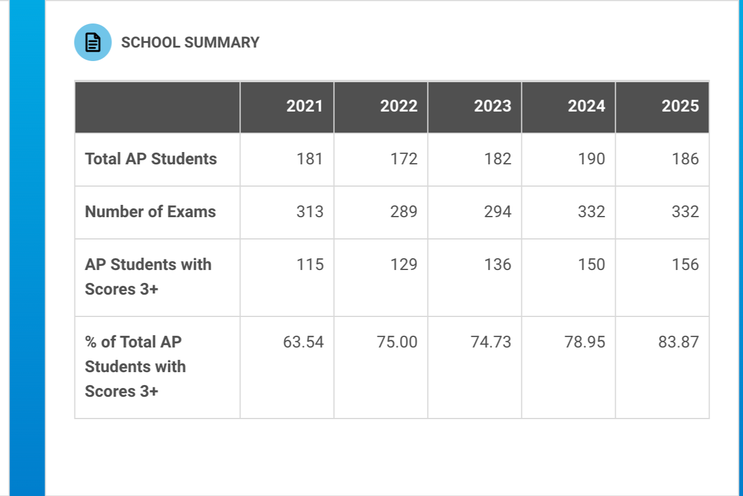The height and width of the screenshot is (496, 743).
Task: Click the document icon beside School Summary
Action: click(93, 42)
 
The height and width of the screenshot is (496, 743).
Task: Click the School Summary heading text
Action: click(190, 43)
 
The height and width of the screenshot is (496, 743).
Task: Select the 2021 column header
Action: click(304, 106)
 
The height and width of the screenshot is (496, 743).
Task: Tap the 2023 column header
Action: click(492, 106)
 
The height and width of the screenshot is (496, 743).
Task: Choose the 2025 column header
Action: click(680, 106)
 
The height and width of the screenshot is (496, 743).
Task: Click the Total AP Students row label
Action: click(151, 159)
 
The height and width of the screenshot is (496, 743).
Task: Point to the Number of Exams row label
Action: click(150, 212)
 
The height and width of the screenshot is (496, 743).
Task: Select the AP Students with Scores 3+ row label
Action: click(148, 276)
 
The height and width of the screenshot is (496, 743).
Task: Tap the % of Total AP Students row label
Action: click(135, 366)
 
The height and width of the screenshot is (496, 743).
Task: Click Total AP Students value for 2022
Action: click(403, 159)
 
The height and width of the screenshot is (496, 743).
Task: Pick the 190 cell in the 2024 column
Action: click(591, 159)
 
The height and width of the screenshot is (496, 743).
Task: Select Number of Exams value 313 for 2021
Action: click(310, 212)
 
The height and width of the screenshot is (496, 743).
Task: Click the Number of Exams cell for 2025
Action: click(685, 212)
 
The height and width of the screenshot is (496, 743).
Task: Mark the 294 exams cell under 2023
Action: click(497, 212)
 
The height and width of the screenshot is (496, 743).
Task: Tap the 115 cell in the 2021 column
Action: click(310, 265)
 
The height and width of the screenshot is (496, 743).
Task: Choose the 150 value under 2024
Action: click(591, 265)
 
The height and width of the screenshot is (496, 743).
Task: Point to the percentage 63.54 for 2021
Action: click(303, 342)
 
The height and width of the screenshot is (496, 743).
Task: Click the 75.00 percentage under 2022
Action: click(397, 342)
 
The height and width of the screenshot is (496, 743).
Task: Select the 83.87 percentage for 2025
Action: click(678, 342)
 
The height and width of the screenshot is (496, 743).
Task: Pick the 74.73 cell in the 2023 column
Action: click(491, 342)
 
